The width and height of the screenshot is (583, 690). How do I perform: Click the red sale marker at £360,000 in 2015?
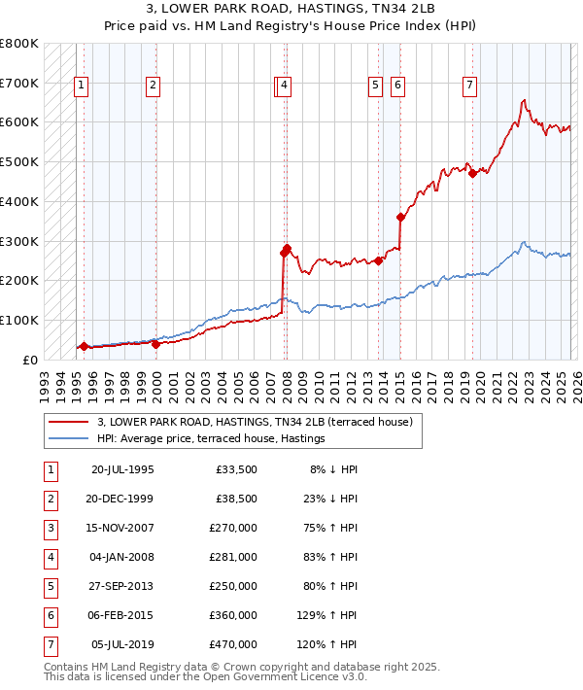point(400,218)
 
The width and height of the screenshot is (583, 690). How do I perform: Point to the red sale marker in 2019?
point(472,174)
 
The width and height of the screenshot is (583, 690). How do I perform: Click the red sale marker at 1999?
point(155,344)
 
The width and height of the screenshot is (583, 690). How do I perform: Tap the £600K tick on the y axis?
point(19,122)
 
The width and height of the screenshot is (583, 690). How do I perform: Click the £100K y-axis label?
point(19,320)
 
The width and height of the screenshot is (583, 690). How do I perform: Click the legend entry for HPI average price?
point(210,439)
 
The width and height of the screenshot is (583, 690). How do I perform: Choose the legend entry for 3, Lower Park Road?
point(255,422)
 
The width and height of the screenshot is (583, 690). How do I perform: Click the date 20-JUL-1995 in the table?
point(121,469)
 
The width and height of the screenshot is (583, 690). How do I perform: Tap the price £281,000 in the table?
point(233,558)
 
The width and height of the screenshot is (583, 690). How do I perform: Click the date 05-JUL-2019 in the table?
point(121,644)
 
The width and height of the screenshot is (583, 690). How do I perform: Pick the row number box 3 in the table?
point(50,528)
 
